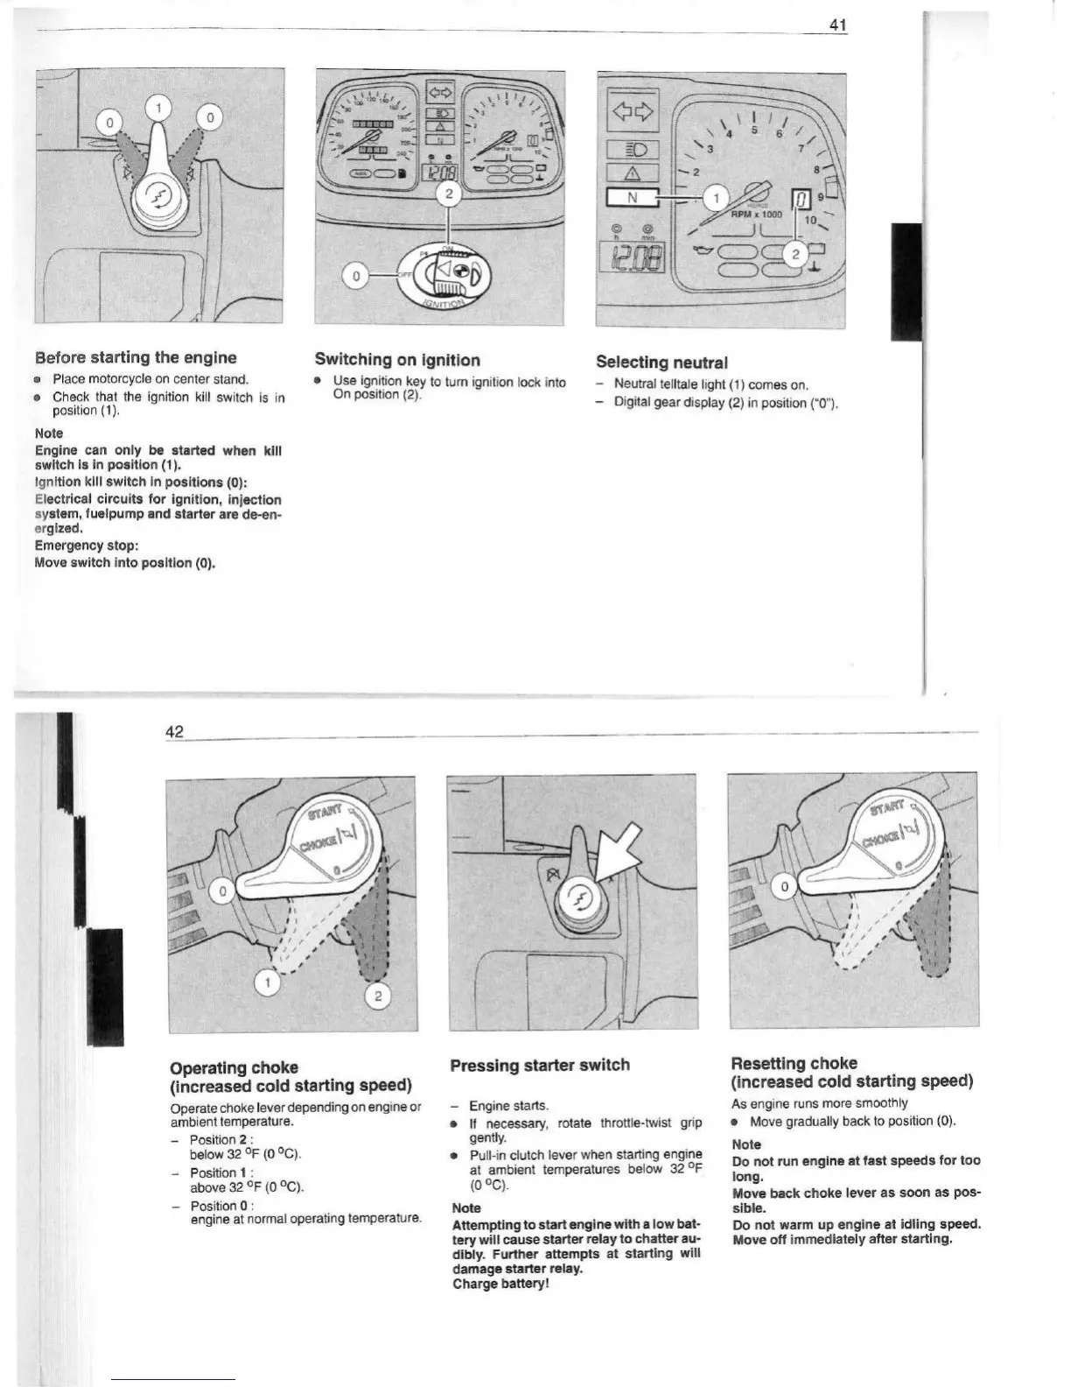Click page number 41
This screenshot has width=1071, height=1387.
[837, 25]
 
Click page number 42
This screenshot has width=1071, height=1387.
[175, 732]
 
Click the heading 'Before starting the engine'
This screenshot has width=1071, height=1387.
[136, 357]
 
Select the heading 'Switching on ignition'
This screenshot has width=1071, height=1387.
[397, 360]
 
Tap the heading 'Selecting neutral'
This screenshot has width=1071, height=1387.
[661, 362]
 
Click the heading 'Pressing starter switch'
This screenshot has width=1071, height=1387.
[540, 1065]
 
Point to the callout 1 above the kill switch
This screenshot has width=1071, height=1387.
[158, 107]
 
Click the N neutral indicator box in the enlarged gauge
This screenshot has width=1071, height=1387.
[633, 198]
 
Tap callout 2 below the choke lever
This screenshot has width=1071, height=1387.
[377, 996]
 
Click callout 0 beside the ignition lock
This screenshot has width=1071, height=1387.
[355, 277]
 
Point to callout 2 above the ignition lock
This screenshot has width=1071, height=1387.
[448, 194]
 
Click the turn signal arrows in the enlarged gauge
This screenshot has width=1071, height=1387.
[633, 111]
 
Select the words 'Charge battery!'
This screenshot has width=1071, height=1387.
[500, 1284]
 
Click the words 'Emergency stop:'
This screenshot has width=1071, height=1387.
[87, 546]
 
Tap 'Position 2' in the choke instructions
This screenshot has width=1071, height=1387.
[214, 1139]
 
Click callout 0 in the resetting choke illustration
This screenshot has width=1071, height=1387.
[785, 887]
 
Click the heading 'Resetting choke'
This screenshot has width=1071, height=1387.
[794, 1063]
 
